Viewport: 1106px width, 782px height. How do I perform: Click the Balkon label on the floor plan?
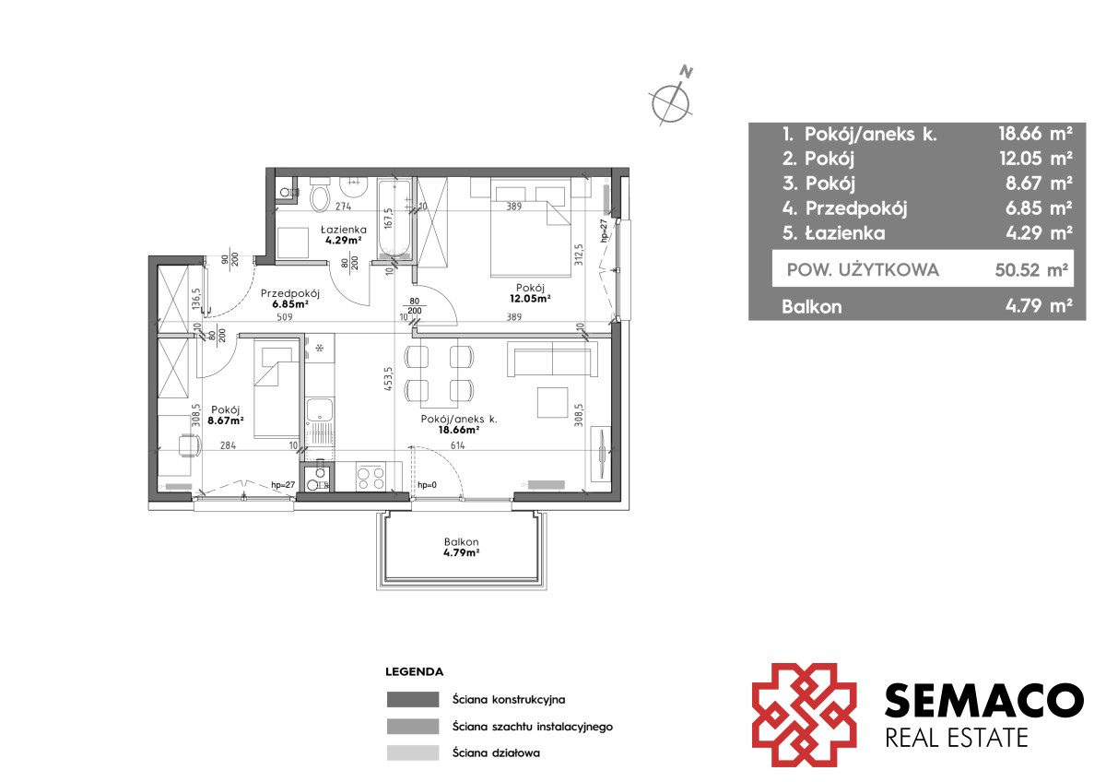coord(461,541)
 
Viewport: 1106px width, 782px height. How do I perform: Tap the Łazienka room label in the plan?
coord(344,230)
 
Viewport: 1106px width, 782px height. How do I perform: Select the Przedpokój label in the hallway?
coord(290,293)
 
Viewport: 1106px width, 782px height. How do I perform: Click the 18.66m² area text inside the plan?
coord(459,430)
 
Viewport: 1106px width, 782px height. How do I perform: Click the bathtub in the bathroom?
coord(394,219)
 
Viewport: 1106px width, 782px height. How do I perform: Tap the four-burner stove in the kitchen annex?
coord(371,477)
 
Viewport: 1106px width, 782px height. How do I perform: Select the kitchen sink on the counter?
coord(320,409)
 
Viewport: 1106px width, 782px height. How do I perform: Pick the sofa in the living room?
coord(552,359)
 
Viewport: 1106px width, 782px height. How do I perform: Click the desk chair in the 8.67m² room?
coord(189,446)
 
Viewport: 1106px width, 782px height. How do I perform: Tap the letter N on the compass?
coord(687,72)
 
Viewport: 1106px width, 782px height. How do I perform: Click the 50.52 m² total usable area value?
coord(1031,269)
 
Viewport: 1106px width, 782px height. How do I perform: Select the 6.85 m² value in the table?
coord(1039,208)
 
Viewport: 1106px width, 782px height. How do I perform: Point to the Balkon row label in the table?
coord(811,307)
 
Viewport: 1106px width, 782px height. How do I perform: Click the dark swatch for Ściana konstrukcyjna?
coord(413,699)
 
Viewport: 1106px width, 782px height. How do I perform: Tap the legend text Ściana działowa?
coord(496,752)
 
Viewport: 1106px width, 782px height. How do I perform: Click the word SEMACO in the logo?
coord(984,700)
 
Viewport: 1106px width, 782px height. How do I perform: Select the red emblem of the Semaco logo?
coord(804,715)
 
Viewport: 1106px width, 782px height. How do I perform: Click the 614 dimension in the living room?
coord(458,445)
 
